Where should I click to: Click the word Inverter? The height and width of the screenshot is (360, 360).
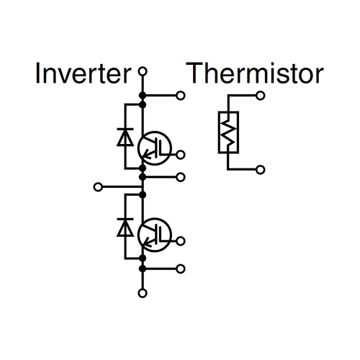point(83,73)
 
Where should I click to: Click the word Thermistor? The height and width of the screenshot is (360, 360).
point(255,73)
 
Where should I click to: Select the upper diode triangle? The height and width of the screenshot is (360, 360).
point(125,138)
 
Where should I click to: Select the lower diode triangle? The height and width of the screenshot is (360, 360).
point(125,228)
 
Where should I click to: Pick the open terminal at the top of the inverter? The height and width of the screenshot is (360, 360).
point(143,71)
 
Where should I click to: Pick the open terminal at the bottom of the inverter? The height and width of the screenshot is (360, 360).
point(143,293)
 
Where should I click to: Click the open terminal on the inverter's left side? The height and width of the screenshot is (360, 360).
point(98,186)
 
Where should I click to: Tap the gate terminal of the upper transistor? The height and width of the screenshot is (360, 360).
point(180,155)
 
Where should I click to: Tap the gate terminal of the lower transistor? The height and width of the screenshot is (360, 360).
point(180,241)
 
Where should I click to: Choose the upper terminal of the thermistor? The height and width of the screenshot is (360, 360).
point(261,96)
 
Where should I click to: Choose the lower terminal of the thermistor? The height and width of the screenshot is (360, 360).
point(261,170)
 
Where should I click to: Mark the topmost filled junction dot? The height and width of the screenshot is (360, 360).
point(143,96)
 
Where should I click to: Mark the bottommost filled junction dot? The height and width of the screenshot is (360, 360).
point(143,269)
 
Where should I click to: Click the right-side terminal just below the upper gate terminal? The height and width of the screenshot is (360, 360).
point(180,177)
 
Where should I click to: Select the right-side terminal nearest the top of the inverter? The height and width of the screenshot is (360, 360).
point(180,96)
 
